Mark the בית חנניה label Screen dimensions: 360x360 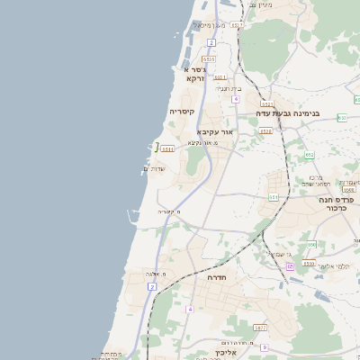(229, 88)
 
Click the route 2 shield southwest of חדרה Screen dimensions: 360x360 (152, 286)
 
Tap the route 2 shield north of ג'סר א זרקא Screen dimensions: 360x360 (211, 42)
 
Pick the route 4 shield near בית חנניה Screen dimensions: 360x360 (235, 98)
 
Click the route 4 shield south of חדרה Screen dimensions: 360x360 (190, 309)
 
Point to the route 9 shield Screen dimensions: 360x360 (264, 346)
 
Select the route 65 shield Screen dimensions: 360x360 (289, 266)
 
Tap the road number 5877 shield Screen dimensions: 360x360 (259, 328)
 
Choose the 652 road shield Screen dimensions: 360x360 (310, 155)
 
